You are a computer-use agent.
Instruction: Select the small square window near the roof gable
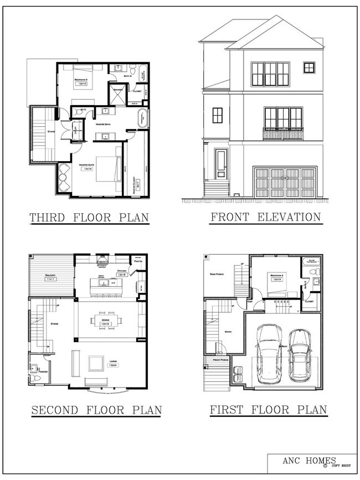click(x=308, y=68)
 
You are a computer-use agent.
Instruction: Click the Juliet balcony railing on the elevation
click(x=283, y=133)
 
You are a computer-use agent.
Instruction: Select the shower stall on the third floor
click(x=118, y=90)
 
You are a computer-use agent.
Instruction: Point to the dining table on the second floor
click(x=104, y=321)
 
